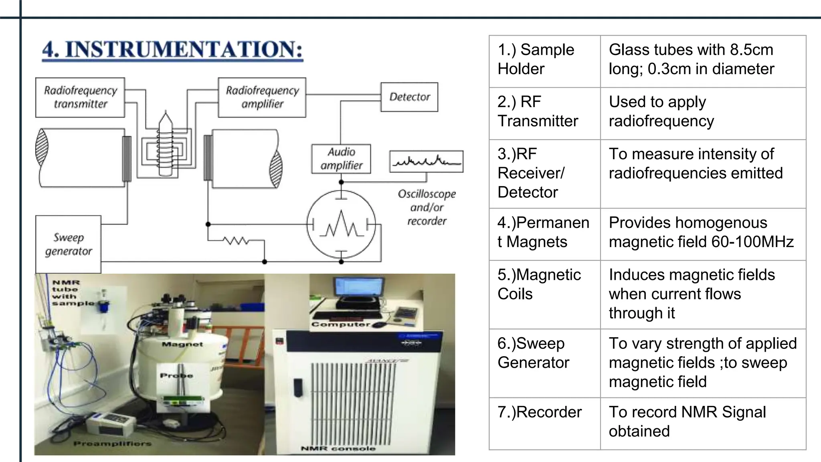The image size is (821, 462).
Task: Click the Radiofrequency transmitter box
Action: [80, 97]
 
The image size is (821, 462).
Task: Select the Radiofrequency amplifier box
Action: [262, 97]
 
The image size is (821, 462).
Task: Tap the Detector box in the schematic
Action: [409, 97]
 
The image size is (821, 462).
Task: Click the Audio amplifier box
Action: [341, 159]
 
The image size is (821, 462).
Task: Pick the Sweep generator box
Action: [68, 244]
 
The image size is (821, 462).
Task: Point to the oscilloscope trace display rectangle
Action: [426, 161]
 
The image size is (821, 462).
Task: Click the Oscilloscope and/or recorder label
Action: [427, 207]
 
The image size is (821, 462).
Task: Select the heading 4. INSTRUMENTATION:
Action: [172, 50]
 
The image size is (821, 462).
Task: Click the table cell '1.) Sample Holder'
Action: [544, 60]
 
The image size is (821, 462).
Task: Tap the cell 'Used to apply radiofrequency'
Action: [702, 112]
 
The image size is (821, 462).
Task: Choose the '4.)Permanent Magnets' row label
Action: [544, 233]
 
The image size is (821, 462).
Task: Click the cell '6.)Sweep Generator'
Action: [544, 353]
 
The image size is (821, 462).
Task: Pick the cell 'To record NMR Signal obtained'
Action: [702, 422]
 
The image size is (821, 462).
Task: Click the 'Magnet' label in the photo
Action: [182, 344]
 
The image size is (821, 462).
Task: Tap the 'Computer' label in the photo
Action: [341, 324]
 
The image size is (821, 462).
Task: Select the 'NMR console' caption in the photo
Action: [338, 448]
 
